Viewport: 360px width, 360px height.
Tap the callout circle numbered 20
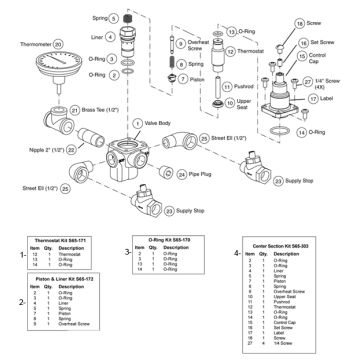pyautogui.click(x=58, y=43)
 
